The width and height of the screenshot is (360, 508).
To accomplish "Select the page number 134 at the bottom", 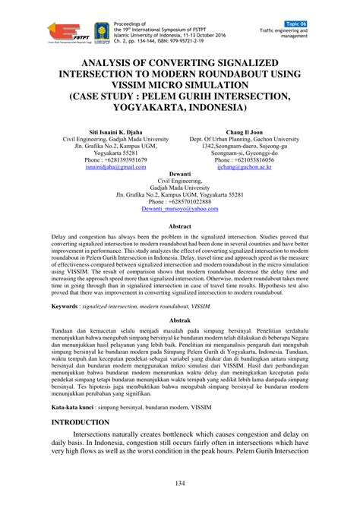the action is pos(180,484).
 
